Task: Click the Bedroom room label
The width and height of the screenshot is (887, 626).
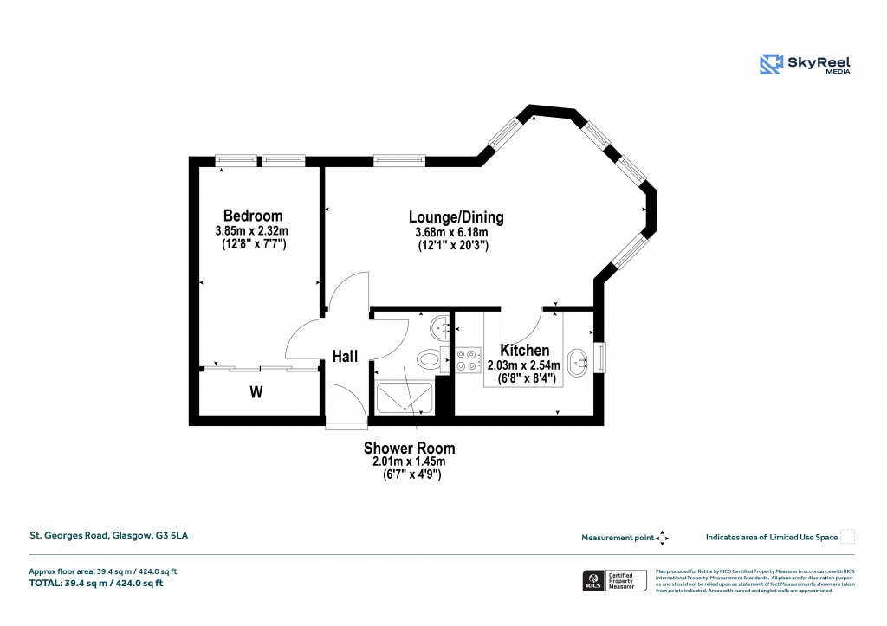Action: click(x=253, y=216)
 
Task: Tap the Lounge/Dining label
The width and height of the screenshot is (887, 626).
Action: click(x=456, y=217)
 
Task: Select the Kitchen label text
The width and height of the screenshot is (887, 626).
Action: click(x=525, y=351)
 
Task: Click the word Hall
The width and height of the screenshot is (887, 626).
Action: click(x=346, y=356)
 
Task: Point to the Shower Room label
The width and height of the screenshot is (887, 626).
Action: click(x=409, y=449)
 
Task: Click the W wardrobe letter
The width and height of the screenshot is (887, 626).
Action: click(x=256, y=392)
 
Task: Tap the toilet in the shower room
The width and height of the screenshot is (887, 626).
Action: click(x=428, y=358)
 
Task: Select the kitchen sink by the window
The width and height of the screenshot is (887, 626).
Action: click(x=577, y=360)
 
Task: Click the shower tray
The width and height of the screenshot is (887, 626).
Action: click(x=405, y=397)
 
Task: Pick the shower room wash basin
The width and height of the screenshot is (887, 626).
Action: click(x=440, y=327)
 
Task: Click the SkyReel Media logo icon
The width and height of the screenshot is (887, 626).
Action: click(x=771, y=64)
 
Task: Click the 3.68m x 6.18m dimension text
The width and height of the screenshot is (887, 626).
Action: click(x=452, y=232)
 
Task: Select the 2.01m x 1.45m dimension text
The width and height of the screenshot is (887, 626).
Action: click(x=408, y=462)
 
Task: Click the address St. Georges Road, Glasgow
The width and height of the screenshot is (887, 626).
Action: click(x=109, y=536)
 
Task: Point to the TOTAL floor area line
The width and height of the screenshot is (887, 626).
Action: click(x=96, y=583)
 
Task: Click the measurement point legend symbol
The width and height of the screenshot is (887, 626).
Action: click(x=663, y=538)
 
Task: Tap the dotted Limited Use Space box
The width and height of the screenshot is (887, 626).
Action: click(x=848, y=537)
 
